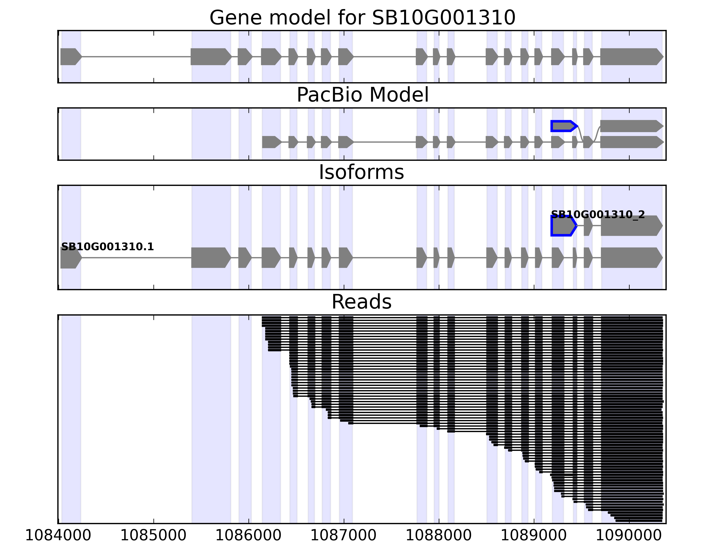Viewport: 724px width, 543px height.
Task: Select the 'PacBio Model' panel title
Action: [x=362, y=95]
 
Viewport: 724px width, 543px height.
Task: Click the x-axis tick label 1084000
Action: [x=58, y=536]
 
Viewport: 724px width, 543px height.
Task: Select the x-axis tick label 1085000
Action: [x=153, y=536]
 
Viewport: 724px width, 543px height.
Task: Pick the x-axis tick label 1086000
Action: [x=249, y=536]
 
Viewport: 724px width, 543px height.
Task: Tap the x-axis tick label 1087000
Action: [x=344, y=536]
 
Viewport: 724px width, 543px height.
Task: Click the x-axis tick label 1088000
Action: [x=439, y=536]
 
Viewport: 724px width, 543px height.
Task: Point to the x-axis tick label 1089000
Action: [x=534, y=536]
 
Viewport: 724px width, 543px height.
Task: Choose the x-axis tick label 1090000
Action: [x=629, y=536]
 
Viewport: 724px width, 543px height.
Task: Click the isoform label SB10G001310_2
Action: [x=598, y=215]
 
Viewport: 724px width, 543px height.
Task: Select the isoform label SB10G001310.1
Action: [x=107, y=247]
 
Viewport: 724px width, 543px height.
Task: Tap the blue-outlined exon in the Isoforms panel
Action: [x=562, y=226]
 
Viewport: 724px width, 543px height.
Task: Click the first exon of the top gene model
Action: [x=70, y=57]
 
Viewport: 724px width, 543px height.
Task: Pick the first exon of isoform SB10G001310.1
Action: [x=70, y=258]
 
